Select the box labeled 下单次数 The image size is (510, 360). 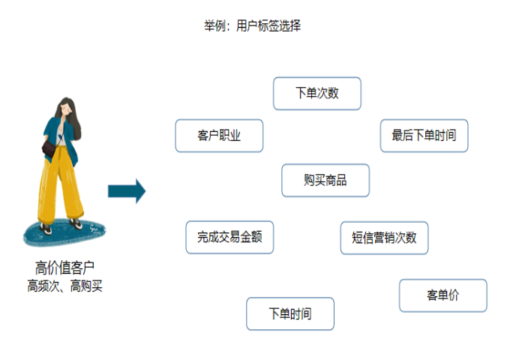pos(316,94)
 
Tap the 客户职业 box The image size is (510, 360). pos(219,136)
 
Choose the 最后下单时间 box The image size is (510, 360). pos(424,136)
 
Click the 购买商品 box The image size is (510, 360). pos(325,180)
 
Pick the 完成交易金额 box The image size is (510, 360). pos(229,237)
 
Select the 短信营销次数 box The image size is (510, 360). pos(384,238)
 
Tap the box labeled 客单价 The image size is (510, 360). pos(442,295)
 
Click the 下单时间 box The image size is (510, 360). pos(289,313)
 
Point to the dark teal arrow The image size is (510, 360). pos(126,190)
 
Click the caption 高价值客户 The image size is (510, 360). pos(64,268)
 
